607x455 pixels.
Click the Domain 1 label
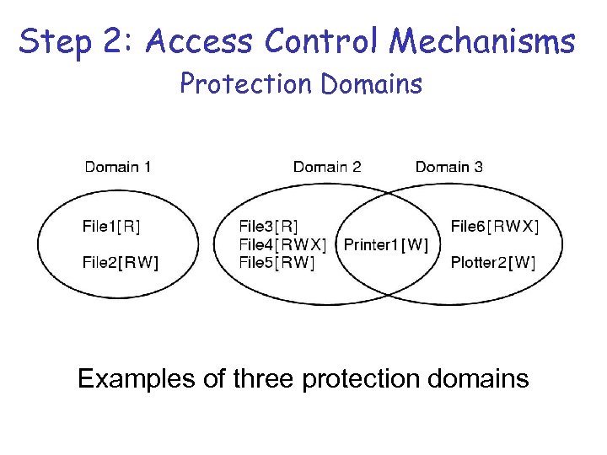click(118, 167)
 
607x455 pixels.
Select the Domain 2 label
click(327, 167)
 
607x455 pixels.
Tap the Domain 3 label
click(449, 167)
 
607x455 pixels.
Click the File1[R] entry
click(111, 225)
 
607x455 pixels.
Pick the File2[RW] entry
click(120, 262)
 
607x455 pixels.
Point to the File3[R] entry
click(268, 225)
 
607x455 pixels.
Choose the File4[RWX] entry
click(282, 244)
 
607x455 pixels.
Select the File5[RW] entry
click(277, 262)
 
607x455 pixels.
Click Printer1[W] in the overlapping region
click(386, 244)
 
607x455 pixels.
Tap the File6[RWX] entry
click(495, 225)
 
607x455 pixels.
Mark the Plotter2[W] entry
click(492, 262)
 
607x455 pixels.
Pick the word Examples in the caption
click(137, 378)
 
